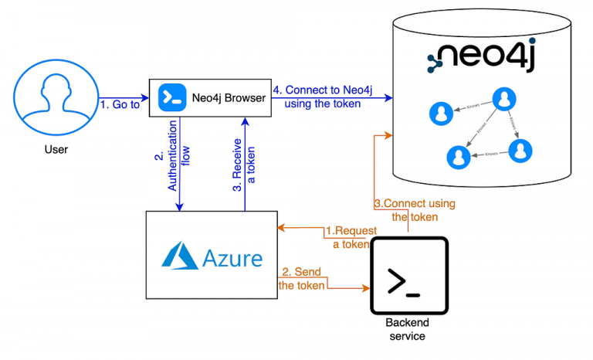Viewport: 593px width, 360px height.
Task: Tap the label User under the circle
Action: [x=52, y=149]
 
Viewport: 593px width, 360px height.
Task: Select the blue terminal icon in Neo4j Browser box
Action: [x=168, y=98]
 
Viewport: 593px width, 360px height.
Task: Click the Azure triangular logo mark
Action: [x=178, y=254]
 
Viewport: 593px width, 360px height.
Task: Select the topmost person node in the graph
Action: [x=504, y=99]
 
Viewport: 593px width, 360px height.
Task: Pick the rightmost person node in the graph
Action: [x=521, y=149]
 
